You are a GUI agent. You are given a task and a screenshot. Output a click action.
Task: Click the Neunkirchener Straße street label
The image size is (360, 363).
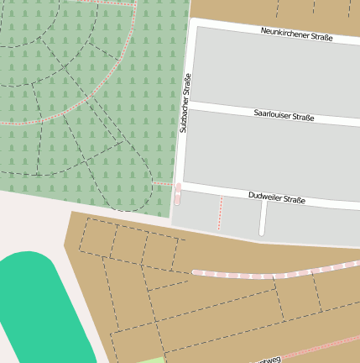[296, 34]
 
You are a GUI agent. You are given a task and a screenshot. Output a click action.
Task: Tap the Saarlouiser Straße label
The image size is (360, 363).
[284, 114]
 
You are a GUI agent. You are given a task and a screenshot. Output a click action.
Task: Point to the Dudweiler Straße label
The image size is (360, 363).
[276, 198]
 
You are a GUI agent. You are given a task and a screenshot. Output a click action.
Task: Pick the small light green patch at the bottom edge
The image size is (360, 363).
[152, 360]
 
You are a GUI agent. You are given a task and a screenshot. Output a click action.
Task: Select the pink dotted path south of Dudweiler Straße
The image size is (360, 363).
[220, 213]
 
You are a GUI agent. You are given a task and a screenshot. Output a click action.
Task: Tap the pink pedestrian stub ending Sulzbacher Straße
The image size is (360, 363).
[178, 194]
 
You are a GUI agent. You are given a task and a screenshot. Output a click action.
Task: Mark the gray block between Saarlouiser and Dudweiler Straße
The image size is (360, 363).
[269, 155]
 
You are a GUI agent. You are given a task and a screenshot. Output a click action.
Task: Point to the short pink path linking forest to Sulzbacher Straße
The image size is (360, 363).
[164, 183]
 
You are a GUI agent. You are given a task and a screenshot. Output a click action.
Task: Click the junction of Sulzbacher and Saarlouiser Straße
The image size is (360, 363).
[186, 106]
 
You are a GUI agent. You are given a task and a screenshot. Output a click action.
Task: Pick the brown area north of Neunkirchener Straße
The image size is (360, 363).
[252, 10]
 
